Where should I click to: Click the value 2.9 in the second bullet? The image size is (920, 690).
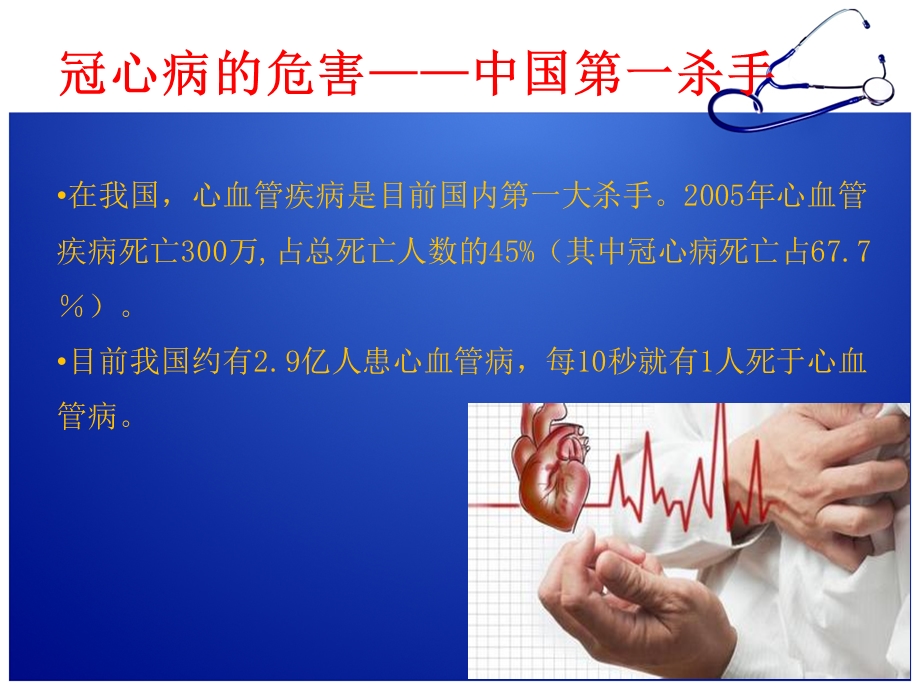(x=268, y=363)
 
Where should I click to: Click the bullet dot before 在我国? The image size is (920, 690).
(x=63, y=197)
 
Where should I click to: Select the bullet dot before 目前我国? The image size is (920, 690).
(x=63, y=363)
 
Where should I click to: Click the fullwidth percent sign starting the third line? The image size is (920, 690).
(x=73, y=308)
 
